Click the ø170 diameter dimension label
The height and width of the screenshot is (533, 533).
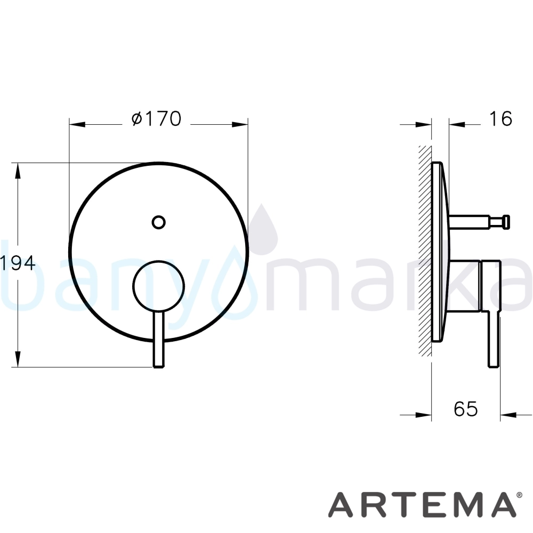click(x=156, y=119)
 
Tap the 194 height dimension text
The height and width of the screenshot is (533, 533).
click(x=18, y=263)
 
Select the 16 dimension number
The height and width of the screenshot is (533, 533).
click(x=500, y=119)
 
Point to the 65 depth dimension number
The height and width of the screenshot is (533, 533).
click(x=466, y=409)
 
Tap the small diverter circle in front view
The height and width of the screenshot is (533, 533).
click(x=158, y=222)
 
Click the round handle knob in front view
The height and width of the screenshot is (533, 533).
click(x=158, y=286)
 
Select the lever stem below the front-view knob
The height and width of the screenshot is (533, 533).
click(x=159, y=339)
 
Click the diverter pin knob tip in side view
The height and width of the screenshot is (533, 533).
click(x=506, y=221)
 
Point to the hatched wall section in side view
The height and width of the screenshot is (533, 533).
click(x=425, y=251)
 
